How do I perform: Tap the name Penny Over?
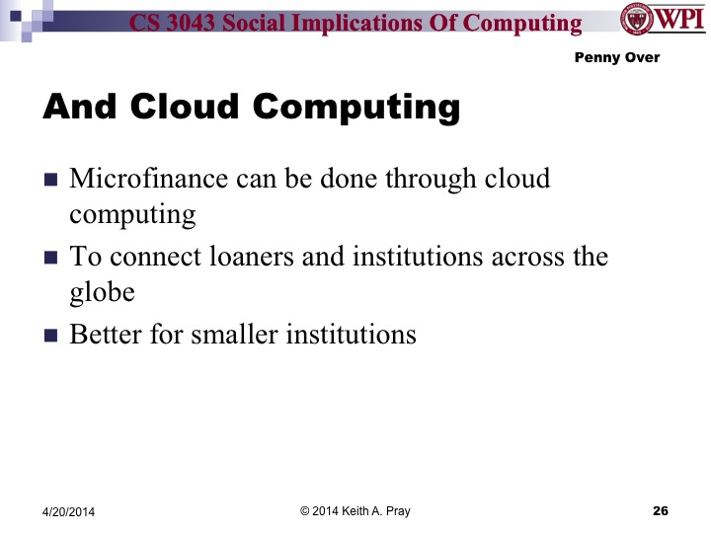pyautogui.click(x=616, y=57)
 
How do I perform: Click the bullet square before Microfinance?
pyautogui.click(x=51, y=181)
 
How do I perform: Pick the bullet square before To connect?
pyautogui.click(x=51, y=259)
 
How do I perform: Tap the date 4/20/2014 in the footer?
pyautogui.click(x=75, y=511)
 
